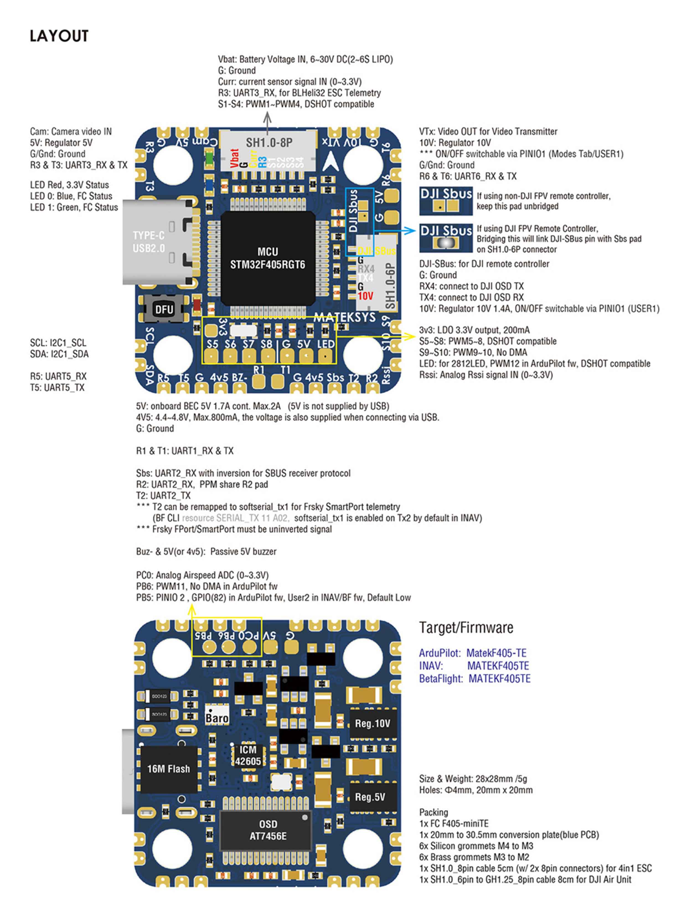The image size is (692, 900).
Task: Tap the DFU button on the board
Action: click(164, 309)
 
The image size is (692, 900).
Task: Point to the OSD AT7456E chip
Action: click(268, 830)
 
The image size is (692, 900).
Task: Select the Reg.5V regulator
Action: click(370, 797)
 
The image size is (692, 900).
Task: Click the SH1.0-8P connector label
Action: click(269, 143)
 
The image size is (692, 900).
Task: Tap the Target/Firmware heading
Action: click(466, 628)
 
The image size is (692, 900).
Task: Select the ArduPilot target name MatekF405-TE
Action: click(496, 653)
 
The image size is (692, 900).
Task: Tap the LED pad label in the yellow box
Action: click(326, 344)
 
